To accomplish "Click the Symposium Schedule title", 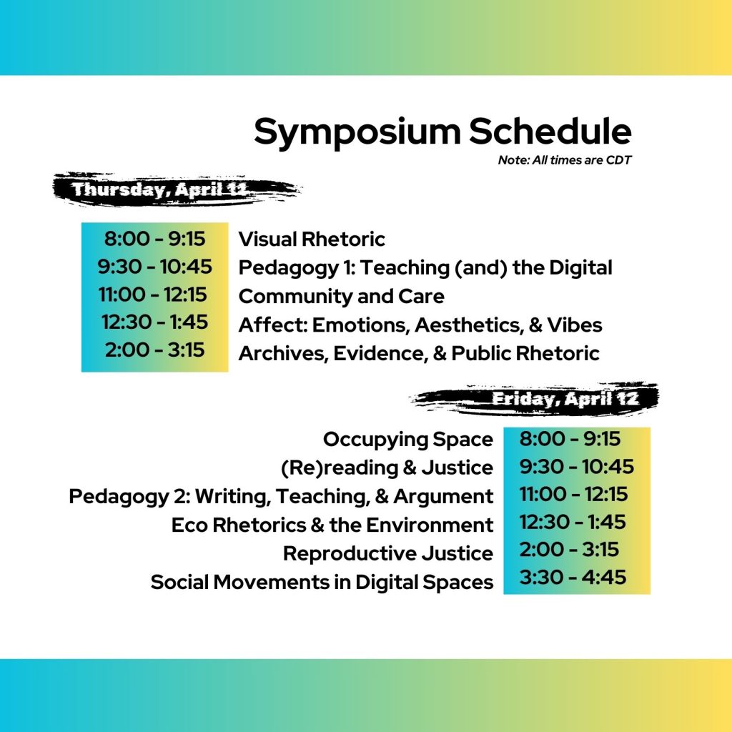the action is (442, 132).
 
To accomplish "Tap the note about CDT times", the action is (565, 160).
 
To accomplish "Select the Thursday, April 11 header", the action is (159, 189).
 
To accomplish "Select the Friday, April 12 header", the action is (565, 399).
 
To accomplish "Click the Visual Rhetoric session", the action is (312, 239).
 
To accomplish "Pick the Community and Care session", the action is (341, 296).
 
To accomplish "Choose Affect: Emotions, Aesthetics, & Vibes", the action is (420, 325).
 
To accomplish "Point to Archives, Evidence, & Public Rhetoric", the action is (419, 353).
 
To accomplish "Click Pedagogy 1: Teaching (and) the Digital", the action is (425, 268).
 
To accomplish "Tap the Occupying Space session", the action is (408, 440).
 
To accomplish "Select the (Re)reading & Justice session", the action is (387, 468).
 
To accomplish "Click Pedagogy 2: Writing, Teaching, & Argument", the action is (280, 497).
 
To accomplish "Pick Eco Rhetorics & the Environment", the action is (332, 525).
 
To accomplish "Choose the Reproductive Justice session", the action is (388, 554).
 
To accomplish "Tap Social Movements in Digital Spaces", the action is (322, 583).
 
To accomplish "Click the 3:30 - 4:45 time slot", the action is (573, 578).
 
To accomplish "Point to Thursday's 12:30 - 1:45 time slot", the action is (154, 322).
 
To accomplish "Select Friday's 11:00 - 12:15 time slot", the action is (573, 495).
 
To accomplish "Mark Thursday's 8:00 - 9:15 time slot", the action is (154, 239).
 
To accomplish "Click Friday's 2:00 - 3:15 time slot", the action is (569, 550).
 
